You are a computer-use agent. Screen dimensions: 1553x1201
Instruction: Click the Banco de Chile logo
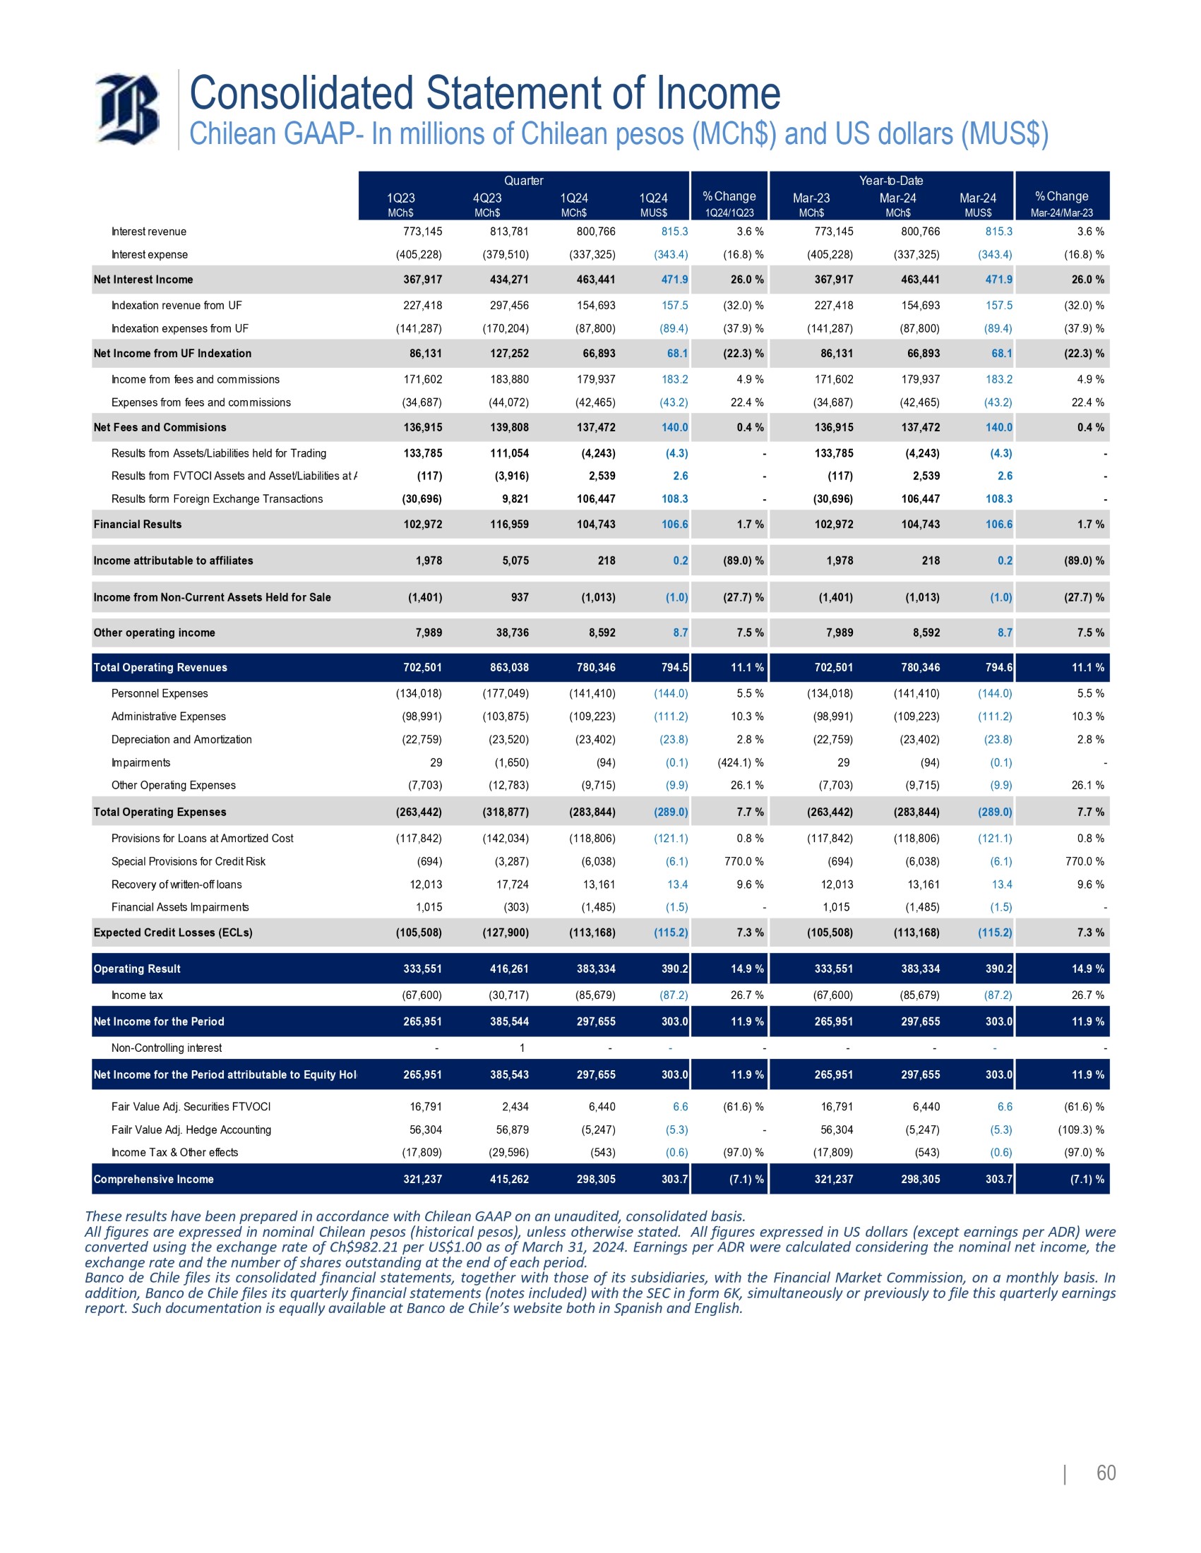coord(127,109)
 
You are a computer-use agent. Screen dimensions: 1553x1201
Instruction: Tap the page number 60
coord(1106,1473)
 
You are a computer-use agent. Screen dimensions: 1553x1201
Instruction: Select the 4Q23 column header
coord(487,198)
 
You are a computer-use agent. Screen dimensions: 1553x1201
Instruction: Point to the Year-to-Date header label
coord(890,181)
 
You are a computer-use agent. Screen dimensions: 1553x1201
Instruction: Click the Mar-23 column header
coord(811,198)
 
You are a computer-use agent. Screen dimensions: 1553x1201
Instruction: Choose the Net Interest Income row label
coord(143,280)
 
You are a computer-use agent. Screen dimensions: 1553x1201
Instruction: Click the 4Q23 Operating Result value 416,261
coord(509,969)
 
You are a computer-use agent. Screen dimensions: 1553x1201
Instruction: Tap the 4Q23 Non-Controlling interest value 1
coord(522,1048)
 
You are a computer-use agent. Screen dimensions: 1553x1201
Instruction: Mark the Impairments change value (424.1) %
coord(740,762)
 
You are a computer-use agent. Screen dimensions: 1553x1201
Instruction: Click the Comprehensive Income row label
coord(154,1179)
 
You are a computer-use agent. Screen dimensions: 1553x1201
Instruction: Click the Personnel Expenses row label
coord(160,693)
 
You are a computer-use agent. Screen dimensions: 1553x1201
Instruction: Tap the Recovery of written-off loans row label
coord(177,884)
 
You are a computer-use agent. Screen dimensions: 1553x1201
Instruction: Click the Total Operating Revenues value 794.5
coord(675,667)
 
